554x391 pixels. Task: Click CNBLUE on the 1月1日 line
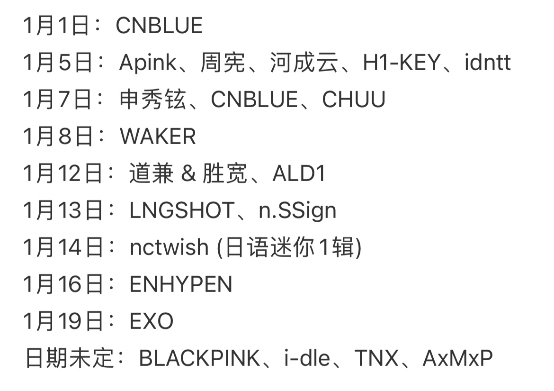159,25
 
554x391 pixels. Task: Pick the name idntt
488,63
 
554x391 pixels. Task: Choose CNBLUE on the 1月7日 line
254,100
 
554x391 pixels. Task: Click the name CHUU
354,100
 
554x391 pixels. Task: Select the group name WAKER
158,136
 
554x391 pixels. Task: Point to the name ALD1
299,174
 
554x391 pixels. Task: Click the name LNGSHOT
182,210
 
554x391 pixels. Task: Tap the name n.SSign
297,210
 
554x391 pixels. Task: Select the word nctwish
169,247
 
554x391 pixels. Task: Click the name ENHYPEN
181,284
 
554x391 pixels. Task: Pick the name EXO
152,321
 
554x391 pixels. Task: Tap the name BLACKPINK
199,359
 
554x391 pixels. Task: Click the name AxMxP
458,359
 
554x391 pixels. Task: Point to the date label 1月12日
63,174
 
